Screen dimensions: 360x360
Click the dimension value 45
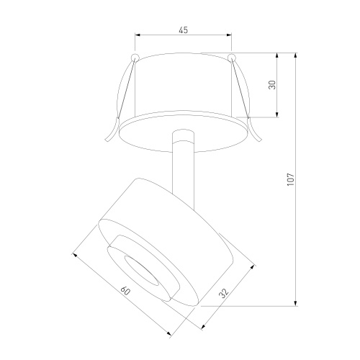point(184,30)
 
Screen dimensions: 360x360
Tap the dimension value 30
point(272,85)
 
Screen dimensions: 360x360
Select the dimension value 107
point(291,179)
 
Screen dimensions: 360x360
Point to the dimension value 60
point(125,291)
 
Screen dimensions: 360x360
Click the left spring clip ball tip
point(135,58)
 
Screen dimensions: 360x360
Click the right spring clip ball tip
point(232,58)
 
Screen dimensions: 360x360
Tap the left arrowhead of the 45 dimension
point(138,35)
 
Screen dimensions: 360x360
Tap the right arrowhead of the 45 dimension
point(229,35)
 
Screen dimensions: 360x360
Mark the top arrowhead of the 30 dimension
point(277,55)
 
